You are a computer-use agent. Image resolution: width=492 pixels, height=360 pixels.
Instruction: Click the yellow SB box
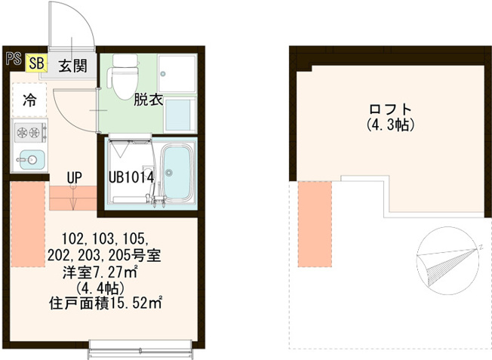coord(36,63)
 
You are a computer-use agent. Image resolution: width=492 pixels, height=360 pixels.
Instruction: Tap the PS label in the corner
coord(14,59)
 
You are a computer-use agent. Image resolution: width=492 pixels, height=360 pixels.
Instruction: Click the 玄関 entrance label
coord(72,66)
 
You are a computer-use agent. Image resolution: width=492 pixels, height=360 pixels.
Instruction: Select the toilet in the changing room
coord(123,76)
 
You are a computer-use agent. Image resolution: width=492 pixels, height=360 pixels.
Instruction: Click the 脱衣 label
coord(148,100)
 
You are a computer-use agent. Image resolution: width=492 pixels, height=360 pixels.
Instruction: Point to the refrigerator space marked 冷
coord(29,100)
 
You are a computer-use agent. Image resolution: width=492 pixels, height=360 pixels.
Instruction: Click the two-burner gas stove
coord(30,132)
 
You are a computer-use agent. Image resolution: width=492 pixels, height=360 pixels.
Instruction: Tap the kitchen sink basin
coord(30,159)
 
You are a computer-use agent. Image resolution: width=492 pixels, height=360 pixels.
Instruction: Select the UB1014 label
coord(131,177)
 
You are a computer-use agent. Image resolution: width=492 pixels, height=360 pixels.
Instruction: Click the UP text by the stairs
coord(75,177)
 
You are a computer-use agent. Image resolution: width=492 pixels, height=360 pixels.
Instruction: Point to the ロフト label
coord(390,109)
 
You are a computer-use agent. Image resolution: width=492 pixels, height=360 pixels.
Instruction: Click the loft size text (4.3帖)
coord(390,125)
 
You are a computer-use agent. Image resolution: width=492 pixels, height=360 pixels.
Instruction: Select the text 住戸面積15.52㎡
coord(106,303)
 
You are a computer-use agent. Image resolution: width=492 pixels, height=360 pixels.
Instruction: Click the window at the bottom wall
coord(140,349)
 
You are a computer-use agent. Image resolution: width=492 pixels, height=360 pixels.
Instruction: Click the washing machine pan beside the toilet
coord(177,74)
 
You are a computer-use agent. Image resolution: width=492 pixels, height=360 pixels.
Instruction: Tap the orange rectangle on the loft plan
coord(315,224)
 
